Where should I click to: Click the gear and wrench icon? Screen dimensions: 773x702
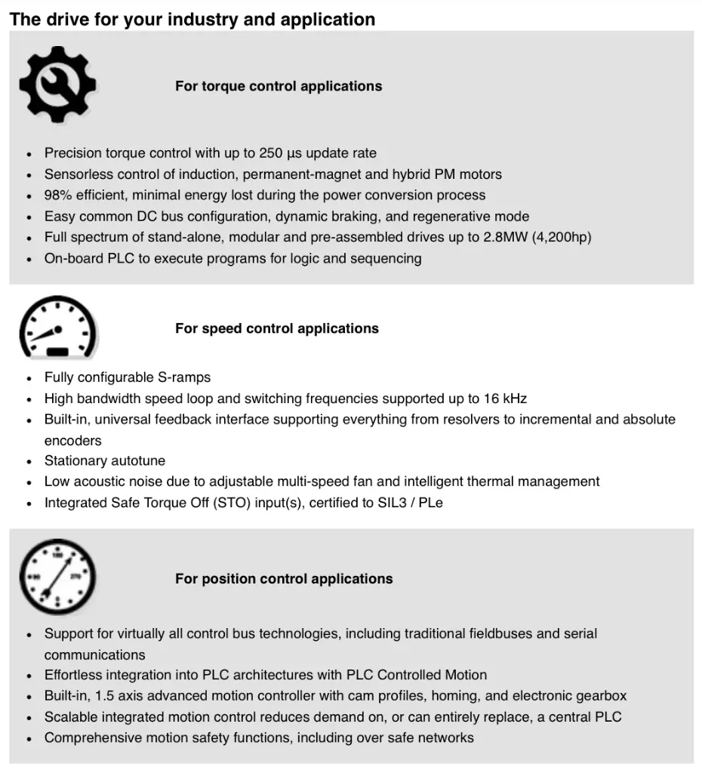(x=57, y=85)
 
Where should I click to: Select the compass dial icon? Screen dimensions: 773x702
(x=57, y=577)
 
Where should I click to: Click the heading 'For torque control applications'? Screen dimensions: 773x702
(x=279, y=86)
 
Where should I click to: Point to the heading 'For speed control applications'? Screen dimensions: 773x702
(x=277, y=328)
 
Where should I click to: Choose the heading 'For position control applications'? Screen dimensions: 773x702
(x=284, y=579)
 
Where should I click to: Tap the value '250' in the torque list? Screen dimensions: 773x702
(x=271, y=153)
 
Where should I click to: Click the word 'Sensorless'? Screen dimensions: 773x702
(x=77, y=174)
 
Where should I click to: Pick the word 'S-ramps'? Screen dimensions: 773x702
(x=184, y=377)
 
